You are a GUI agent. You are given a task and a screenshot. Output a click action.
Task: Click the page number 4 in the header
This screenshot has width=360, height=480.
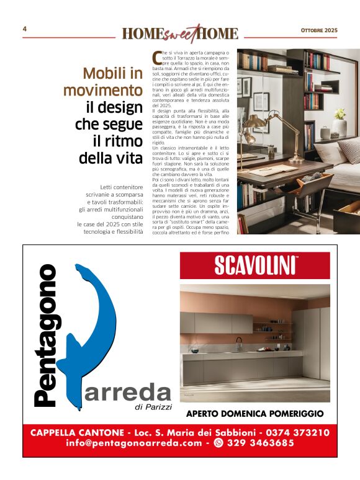tap(24, 29)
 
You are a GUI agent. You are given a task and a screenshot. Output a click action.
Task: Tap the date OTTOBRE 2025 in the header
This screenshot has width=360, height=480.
tap(319, 30)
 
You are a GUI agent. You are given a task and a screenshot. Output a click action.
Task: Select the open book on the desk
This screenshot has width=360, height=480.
tap(273, 169)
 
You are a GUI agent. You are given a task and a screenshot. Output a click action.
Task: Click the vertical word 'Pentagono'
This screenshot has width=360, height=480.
tap(47, 335)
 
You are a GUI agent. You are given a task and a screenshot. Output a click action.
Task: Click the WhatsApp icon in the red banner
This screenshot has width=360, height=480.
tap(218, 443)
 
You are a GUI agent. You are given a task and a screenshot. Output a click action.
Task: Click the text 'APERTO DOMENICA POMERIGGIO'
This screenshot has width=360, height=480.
tap(254, 413)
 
